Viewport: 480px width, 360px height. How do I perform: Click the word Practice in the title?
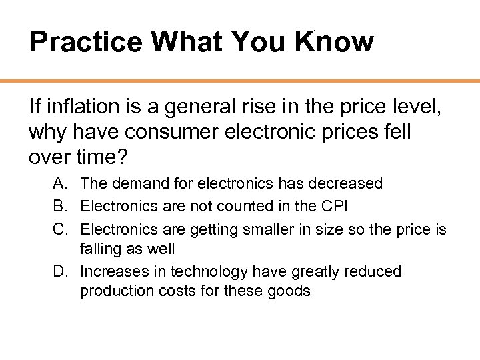coord(85,41)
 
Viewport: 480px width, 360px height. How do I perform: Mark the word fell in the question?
coord(395,131)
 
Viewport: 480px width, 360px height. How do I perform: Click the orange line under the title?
coord(240,81)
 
